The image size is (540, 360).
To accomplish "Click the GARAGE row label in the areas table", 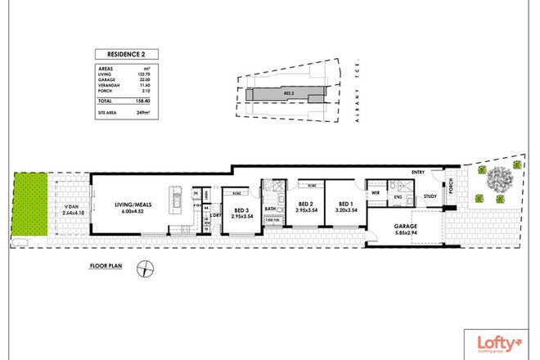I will pyautogui.click(x=105, y=80).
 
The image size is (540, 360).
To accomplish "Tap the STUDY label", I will pyautogui.click(x=430, y=196).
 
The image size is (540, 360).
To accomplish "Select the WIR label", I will pyautogui.click(x=376, y=193).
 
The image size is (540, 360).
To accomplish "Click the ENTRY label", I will pyautogui.click(x=418, y=172).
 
